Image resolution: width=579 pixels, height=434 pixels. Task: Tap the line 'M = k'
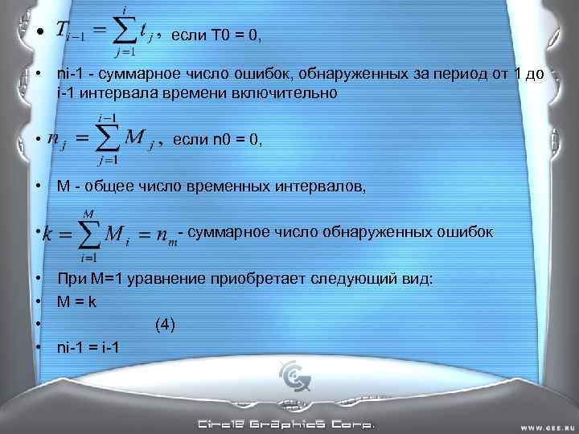pos(77,302)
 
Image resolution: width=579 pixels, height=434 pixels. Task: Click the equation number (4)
pos(164,325)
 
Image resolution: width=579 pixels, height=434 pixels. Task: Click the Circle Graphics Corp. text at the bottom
pos(285,424)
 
